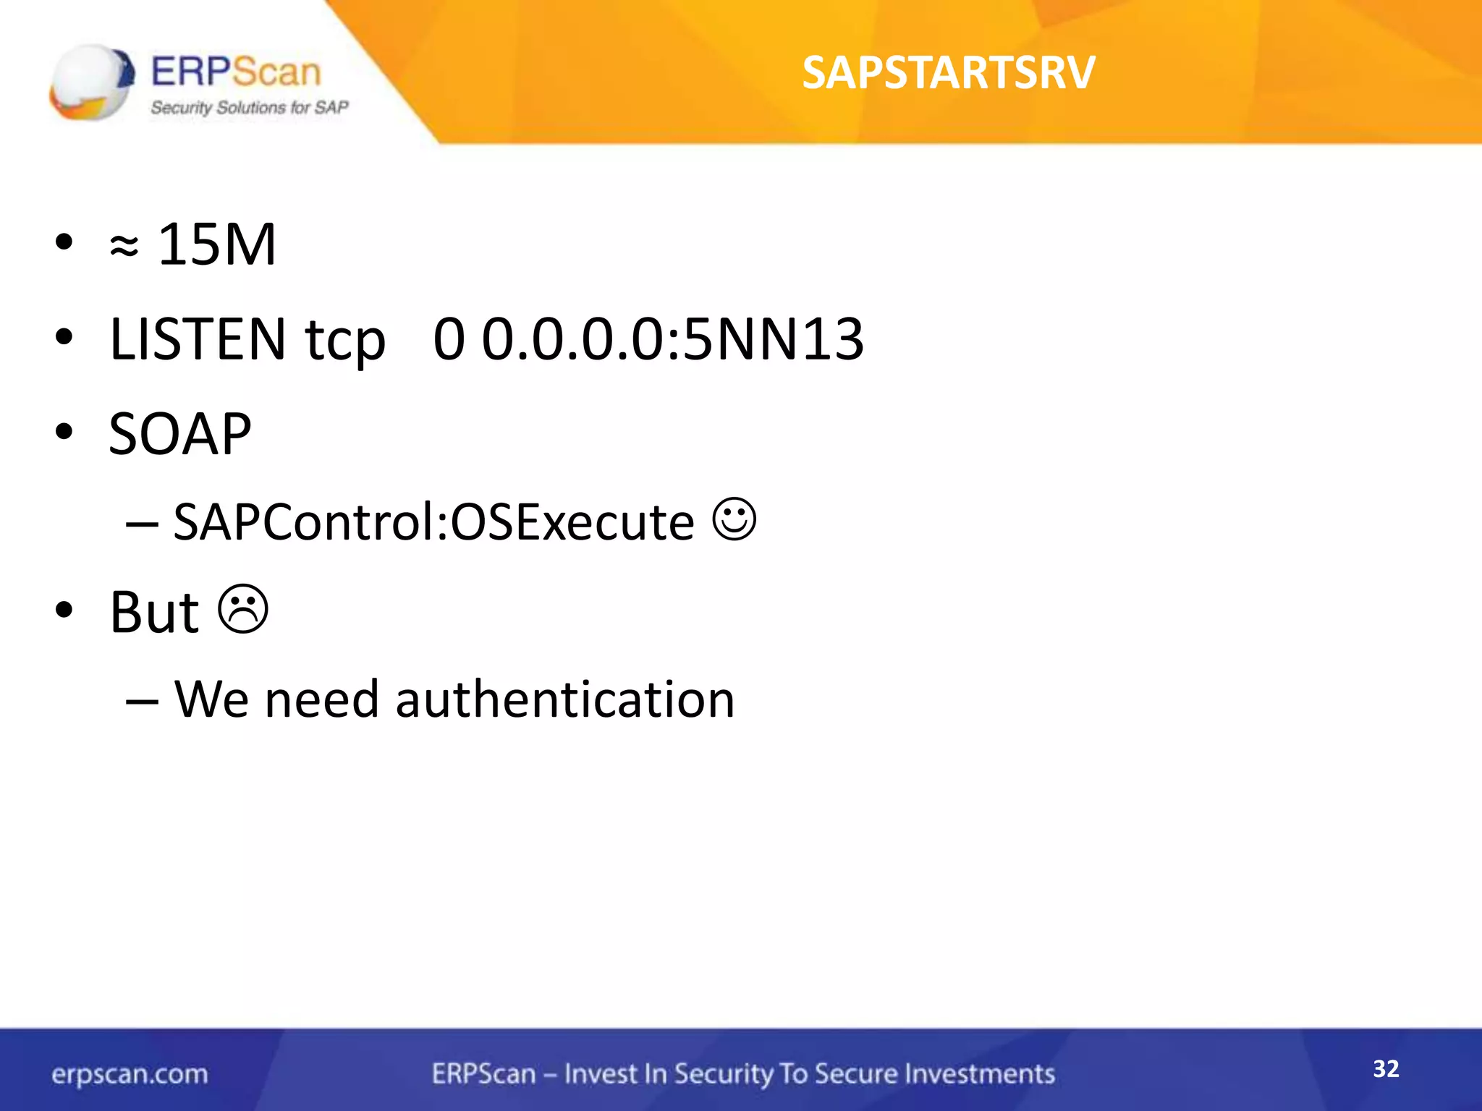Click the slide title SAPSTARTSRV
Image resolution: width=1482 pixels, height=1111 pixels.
pyautogui.click(x=948, y=73)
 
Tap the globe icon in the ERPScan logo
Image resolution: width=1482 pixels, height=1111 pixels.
pyautogui.click(x=92, y=82)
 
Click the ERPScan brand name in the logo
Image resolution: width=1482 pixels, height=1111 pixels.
pyautogui.click(x=235, y=72)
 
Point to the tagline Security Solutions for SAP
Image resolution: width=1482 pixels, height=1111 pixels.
pyautogui.click(x=249, y=108)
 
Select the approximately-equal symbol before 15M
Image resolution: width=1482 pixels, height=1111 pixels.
pyautogui.click(x=124, y=247)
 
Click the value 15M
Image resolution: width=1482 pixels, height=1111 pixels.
pyautogui.click(x=216, y=244)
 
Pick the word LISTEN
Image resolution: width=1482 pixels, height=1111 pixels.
pyautogui.click(x=198, y=339)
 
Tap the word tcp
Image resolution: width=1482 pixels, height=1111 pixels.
pyautogui.click(x=345, y=341)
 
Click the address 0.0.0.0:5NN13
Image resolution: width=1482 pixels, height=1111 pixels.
pyautogui.click(x=672, y=339)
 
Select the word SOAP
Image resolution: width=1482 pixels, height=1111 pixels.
pyautogui.click(x=180, y=434)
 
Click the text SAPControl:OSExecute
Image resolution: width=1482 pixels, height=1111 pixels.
pyautogui.click(x=433, y=522)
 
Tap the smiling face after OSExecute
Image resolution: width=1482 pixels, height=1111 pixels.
pyautogui.click(x=734, y=519)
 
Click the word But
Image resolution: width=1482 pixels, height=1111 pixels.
pyautogui.click(x=154, y=613)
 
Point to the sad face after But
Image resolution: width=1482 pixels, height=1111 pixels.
pyautogui.click(x=243, y=609)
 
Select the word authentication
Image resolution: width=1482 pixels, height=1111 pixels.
pyautogui.click(x=564, y=700)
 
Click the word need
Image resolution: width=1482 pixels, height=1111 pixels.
pyautogui.click(x=321, y=700)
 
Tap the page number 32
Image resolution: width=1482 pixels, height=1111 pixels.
pyautogui.click(x=1386, y=1069)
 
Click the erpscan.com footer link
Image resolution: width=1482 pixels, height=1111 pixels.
pyautogui.click(x=130, y=1074)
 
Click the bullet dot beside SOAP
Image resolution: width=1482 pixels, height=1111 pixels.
pyautogui.click(x=64, y=432)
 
